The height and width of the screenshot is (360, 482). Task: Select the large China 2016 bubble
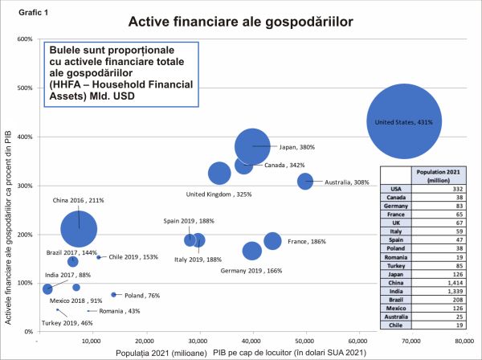click(78, 229)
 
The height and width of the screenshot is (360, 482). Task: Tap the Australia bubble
click(305, 182)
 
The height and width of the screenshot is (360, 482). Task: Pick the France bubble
click(272, 241)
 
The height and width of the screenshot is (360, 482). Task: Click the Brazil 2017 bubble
click(73, 262)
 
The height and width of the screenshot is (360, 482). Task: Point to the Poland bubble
click(113, 295)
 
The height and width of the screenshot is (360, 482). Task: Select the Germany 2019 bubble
click(252, 251)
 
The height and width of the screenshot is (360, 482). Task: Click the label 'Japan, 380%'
click(297, 147)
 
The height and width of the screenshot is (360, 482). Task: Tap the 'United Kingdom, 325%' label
click(219, 194)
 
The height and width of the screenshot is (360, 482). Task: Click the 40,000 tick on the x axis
click(251, 341)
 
